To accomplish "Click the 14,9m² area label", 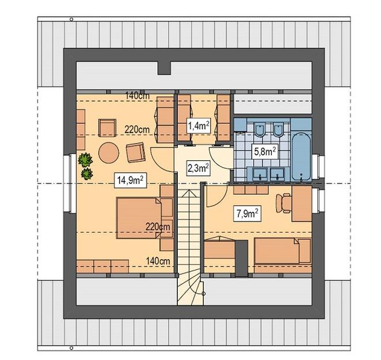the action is (130, 181).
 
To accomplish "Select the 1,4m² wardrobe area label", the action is (199, 126).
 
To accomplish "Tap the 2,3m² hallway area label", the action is (199, 168).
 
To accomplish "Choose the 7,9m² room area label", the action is (247, 214).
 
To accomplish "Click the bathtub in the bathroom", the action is (301, 157).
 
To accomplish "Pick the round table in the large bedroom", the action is (109, 153).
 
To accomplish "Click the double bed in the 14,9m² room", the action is (139, 218).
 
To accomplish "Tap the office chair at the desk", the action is (283, 203).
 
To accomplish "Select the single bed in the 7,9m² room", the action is (282, 251).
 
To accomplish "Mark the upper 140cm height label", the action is (137, 96).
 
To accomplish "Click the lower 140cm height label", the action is (158, 261).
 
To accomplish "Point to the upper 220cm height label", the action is (137, 129).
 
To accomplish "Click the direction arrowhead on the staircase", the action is (189, 194).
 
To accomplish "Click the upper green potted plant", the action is (85, 160).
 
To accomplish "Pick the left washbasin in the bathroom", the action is (260, 173).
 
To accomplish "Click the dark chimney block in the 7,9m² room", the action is (241, 258).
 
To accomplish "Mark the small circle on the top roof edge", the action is (72, 19).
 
